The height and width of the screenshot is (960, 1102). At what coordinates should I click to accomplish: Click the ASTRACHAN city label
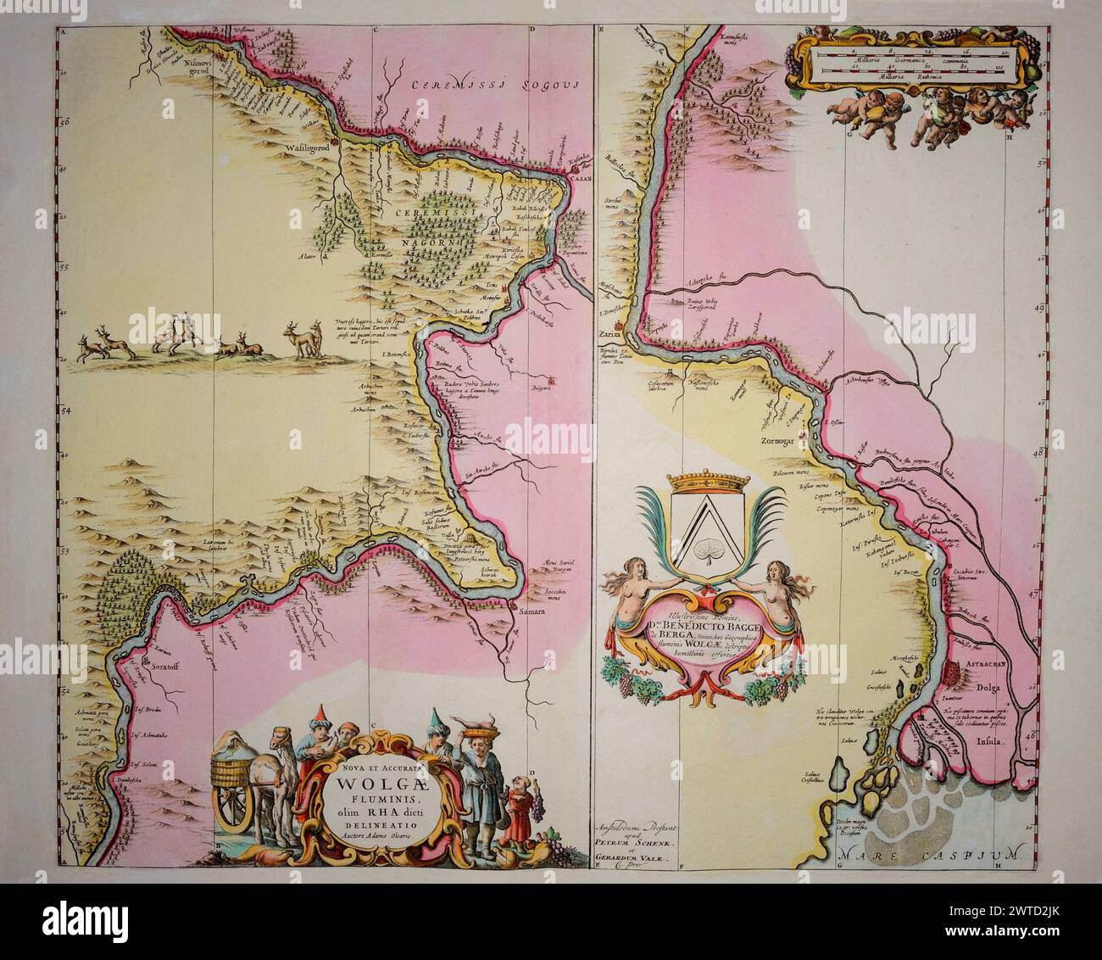point(983,667)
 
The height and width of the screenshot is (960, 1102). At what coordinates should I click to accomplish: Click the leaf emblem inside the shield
point(704,552)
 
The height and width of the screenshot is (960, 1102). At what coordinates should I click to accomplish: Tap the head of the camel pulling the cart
point(290,757)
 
